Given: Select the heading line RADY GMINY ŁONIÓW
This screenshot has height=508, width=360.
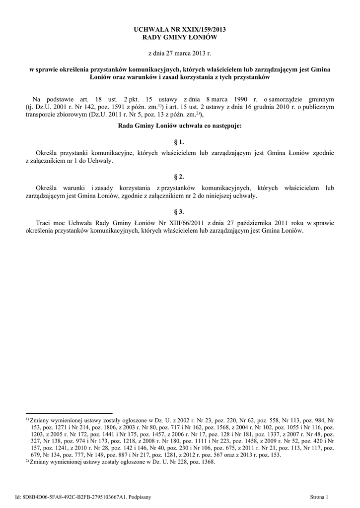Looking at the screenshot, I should [x=180, y=38].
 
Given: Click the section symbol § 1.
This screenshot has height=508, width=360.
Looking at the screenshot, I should [x=180, y=142].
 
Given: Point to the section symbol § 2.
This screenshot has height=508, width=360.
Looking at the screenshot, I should [x=180, y=177].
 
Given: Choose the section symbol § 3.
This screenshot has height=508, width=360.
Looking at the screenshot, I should [x=180, y=211].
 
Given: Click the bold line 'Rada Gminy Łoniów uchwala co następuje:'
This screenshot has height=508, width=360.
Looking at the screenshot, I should [x=180, y=127].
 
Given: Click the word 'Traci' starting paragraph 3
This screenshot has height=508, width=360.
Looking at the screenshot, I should [x=45, y=223].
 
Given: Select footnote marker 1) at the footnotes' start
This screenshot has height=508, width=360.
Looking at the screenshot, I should [x=27, y=419].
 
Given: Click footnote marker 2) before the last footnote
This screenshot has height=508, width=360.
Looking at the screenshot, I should [x=27, y=461].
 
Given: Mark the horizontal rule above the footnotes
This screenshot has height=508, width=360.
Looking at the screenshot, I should [x=69, y=413].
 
